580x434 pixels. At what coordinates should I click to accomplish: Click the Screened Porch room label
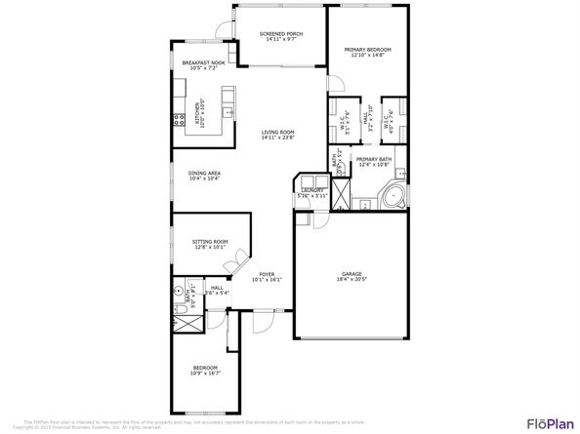click(x=280, y=34)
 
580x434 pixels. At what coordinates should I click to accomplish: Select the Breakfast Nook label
click(x=203, y=62)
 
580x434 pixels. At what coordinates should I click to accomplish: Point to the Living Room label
click(x=278, y=132)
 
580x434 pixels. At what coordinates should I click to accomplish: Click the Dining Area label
click(x=204, y=173)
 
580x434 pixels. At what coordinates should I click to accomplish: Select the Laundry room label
click(x=311, y=192)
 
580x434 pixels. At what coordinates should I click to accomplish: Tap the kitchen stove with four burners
click(x=180, y=120)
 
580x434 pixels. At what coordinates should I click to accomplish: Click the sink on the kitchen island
click(x=228, y=96)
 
